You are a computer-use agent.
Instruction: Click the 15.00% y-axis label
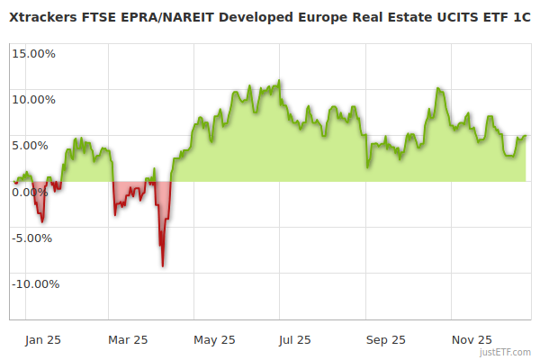pyautogui.click(x=34, y=53)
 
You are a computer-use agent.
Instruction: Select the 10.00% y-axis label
pyautogui.click(x=34, y=99)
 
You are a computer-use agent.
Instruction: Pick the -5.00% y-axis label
pyautogui.click(x=35, y=238)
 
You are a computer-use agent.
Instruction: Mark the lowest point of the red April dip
pyautogui.click(x=163, y=265)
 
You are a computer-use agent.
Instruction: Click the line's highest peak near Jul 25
pyautogui.click(x=280, y=81)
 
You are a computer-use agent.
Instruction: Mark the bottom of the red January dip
pyautogui.click(x=41, y=221)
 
